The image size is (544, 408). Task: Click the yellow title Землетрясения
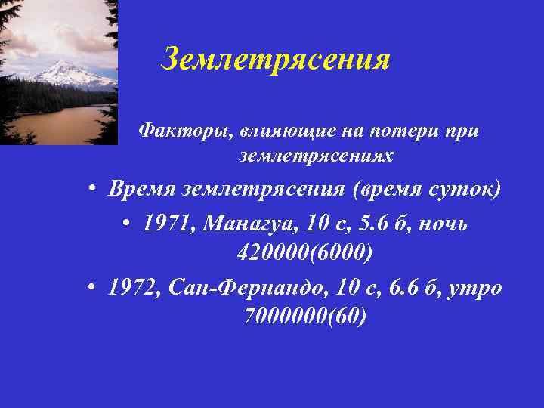(276, 58)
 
